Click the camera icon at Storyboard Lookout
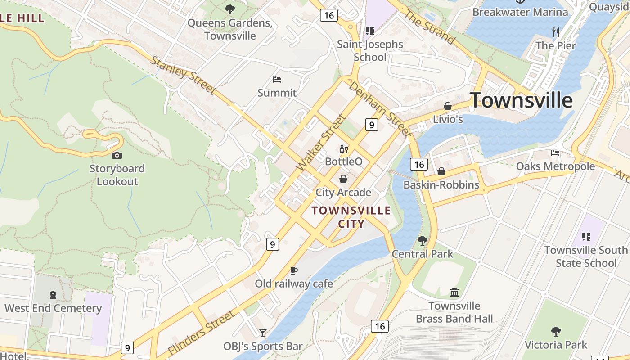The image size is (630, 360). click(117, 155)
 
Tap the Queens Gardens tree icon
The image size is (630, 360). click(230, 9)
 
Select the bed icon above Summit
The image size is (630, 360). click(277, 80)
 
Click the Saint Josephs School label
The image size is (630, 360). click(370, 50)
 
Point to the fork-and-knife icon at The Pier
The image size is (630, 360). click(556, 32)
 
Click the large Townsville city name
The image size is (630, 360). click(521, 100)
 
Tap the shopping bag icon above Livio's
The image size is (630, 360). click(448, 106)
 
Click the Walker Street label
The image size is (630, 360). click(321, 142)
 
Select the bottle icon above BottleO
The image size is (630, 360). click(343, 149)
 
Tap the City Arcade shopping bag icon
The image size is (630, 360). click(343, 179)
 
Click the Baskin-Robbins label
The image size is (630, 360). click(441, 185)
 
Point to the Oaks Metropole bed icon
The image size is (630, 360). click(555, 153)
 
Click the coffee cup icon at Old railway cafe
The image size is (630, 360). click(293, 270)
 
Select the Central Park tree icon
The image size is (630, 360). click(422, 241)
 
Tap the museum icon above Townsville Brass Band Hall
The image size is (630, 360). click(454, 292)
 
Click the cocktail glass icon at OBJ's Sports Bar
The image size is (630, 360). click(263, 333)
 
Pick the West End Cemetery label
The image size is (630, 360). click(53, 308)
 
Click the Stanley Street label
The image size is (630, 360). click(182, 75)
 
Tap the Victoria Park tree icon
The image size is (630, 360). click(556, 332)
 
